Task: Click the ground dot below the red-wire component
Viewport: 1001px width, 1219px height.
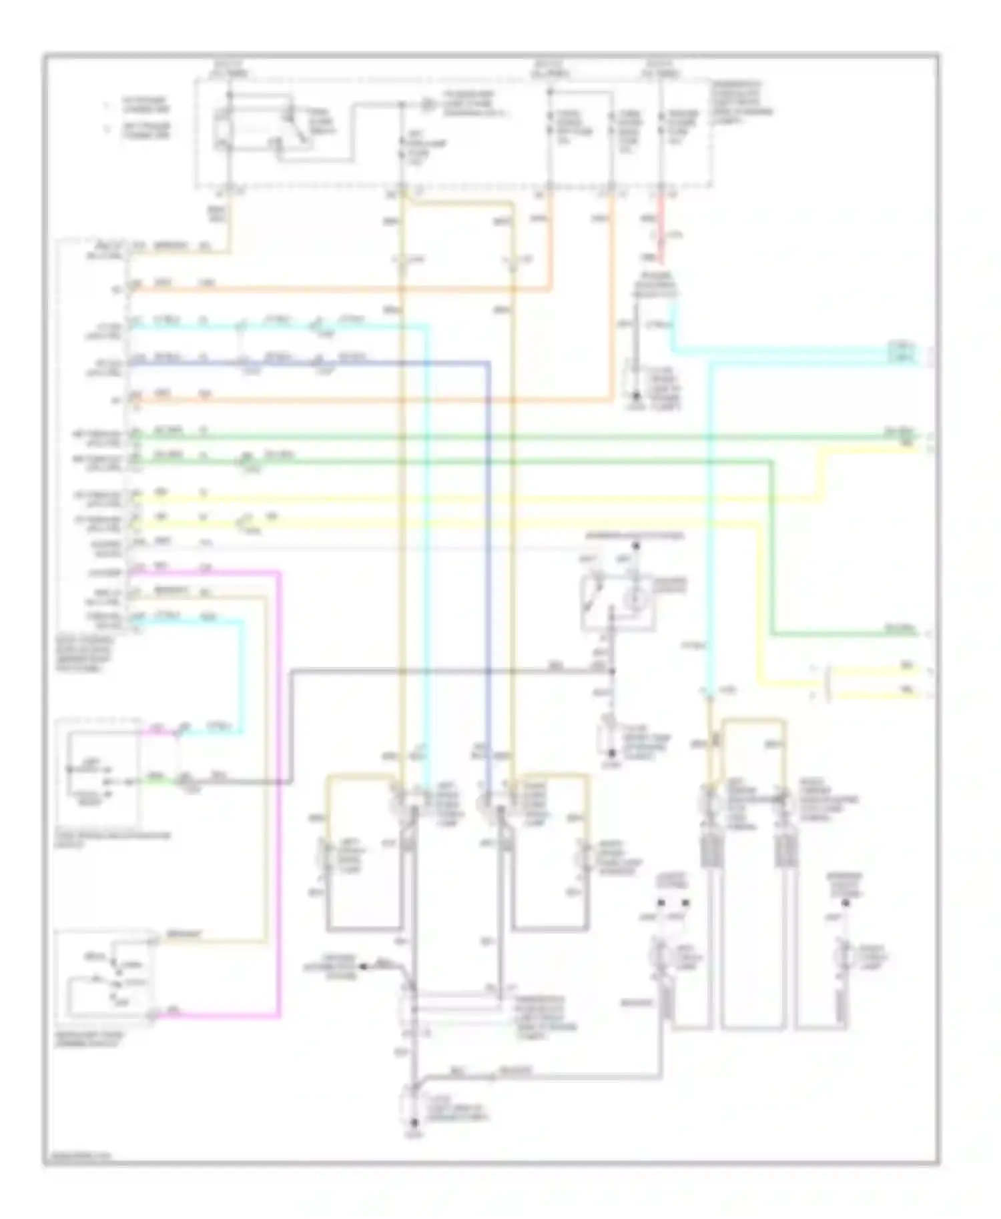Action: tap(636, 399)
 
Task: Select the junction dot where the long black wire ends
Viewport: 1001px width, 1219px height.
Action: tap(613, 671)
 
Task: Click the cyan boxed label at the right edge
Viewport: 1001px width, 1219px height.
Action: tap(902, 352)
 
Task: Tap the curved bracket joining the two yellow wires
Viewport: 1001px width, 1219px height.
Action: tap(828, 682)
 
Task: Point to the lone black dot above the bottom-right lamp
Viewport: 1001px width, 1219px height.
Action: tap(845, 903)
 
